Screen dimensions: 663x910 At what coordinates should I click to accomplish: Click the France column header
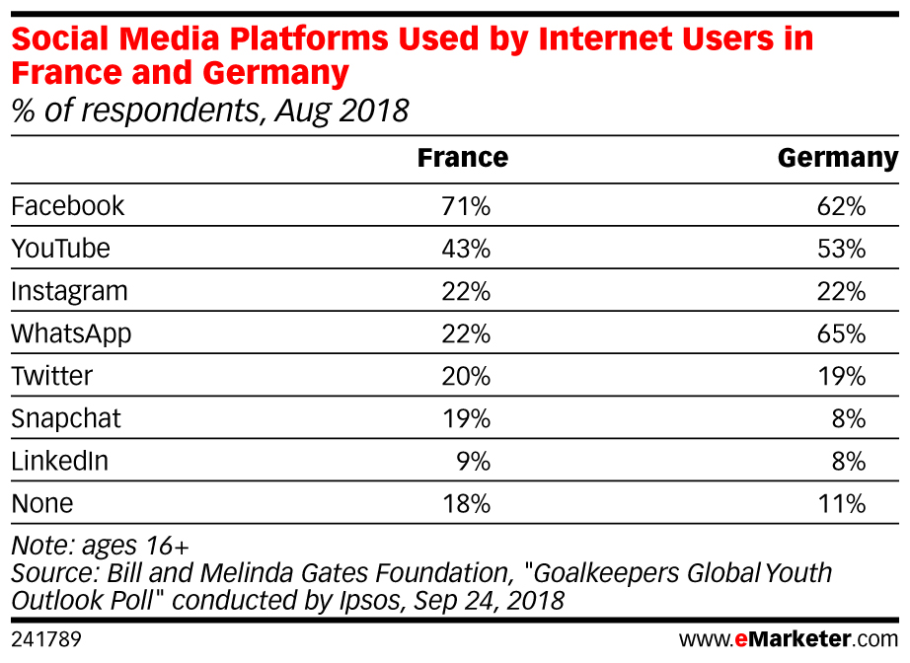[x=462, y=158]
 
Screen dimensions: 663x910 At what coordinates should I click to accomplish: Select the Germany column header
[x=837, y=158]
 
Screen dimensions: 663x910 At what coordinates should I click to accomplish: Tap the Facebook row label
[x=68, y=205]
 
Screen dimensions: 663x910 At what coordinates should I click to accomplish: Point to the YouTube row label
[x=60, y=249]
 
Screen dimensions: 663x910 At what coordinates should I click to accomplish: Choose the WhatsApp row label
[x=71, y=333]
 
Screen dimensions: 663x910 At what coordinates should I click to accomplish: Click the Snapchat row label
[x=65, y=418]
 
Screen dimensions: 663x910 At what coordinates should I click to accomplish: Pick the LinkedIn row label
[x=59, y=461]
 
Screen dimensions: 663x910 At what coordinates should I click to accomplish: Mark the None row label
[x=41, y=503]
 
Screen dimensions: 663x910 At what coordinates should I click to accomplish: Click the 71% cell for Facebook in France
[x=466, y=205]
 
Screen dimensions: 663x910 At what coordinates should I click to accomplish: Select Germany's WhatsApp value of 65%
[x=841, y=333]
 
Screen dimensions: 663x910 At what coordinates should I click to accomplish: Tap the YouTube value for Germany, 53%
[x=841, y=249]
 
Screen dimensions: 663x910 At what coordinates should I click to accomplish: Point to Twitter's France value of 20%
[x=466, y=376]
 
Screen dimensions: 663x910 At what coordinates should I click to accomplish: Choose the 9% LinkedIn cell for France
[x=473, y=461]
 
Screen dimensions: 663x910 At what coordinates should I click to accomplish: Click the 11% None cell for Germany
[x=841, y=503]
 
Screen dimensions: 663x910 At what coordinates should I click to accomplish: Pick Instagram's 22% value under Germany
[x=841, y=291]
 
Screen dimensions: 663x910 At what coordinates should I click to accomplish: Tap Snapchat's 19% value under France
[x=466, y=418]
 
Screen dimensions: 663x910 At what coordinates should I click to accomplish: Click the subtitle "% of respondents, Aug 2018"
[x=209, y=110]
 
